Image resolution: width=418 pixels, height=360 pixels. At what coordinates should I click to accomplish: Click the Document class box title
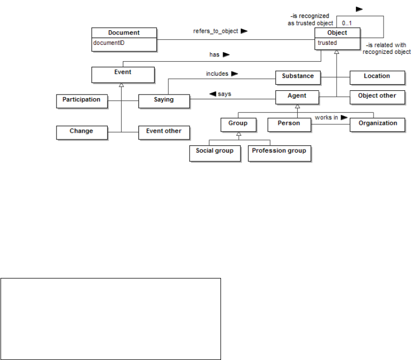124,33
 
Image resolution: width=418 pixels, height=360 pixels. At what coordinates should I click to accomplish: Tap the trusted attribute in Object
327,43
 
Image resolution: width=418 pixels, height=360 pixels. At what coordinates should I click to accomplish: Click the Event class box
123,74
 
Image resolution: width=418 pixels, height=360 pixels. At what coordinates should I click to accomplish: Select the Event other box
164,132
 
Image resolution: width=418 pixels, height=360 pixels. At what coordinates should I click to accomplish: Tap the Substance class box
298,76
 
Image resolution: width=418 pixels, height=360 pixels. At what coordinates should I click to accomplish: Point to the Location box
377,76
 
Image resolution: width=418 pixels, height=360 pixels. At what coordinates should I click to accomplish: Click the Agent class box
297,96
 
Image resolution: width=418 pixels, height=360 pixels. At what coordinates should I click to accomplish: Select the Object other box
377,96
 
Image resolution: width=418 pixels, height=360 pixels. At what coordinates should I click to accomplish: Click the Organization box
377,124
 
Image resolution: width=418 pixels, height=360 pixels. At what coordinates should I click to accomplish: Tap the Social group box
215,151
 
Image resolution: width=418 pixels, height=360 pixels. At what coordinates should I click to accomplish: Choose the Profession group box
278,151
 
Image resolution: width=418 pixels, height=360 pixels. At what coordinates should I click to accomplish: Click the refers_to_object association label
216,31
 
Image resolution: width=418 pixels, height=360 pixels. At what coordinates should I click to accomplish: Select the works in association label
327,118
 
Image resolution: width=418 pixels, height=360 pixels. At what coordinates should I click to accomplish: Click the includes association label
217,74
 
